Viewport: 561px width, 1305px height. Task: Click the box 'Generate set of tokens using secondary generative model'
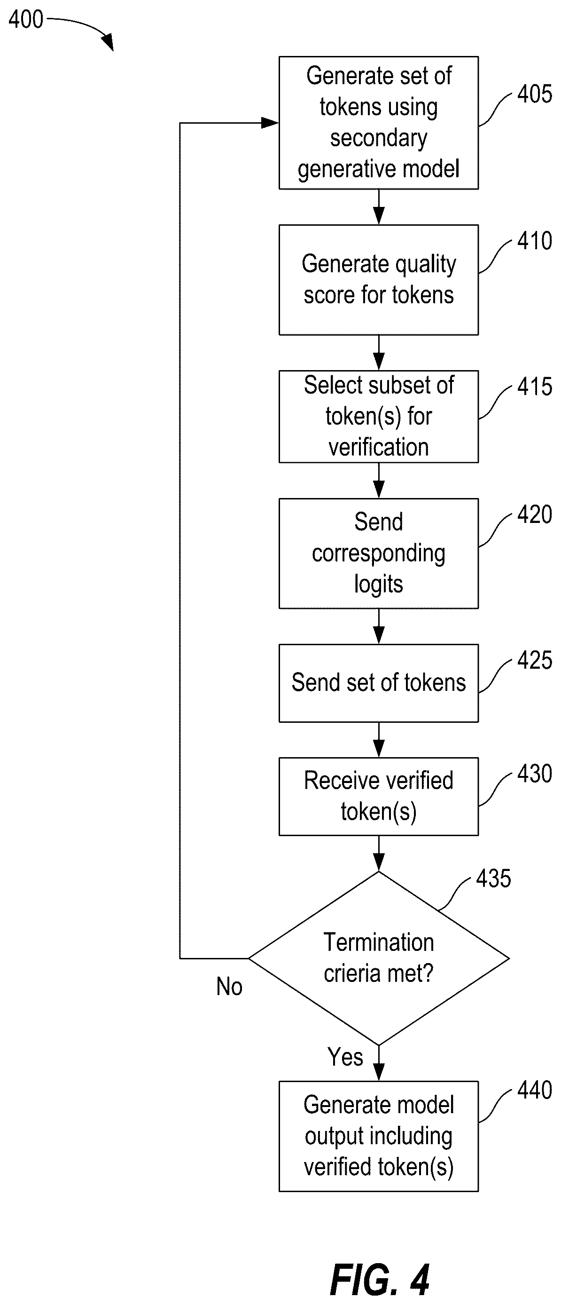(x=379, y=123)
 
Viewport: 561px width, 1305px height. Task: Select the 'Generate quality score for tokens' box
(x=379, y=280)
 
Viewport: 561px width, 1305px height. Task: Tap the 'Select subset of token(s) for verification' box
(x=379, y=417)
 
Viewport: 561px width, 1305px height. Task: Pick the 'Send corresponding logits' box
(x=379, y=553)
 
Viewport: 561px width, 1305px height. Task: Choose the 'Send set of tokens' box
(x=379, y=683)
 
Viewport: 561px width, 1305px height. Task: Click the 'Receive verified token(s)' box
(x=379, y=796)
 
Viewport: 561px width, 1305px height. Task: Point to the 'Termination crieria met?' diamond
(x=379, y=958)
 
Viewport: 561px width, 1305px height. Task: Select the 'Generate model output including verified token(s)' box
(x=379, y=1136)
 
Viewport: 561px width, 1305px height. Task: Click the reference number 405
(x=534, y=94)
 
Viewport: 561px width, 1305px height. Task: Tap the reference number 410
(x=534, y=241)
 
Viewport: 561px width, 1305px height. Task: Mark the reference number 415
(x=534, y=387)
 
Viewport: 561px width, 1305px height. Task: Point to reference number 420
(x=534, y=514)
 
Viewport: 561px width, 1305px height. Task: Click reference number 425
(x=534, y=661)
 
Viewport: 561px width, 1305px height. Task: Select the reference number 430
(x=534, y=774)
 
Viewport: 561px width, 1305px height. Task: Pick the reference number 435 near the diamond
(x=493, y=878)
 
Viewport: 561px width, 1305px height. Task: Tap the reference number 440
(x=534, y=1090)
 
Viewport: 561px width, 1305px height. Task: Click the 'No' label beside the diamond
(x=229, y=987)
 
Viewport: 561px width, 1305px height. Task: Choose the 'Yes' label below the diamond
(x=345, y=1057)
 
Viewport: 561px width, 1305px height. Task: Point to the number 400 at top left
(x=26, y=20)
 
